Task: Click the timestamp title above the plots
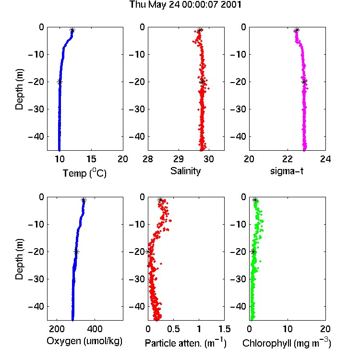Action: [x=185, y=5]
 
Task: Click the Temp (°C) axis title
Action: [x=84, y=173]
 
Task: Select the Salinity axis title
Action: [x=185, y=171]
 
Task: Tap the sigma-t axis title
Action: [x=287, y=171]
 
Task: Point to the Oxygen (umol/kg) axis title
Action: [x=84, y=341]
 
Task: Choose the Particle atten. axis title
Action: [x=186, y=343]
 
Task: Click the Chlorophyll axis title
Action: [x=287, y=343]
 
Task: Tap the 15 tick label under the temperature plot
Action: [x=91, y=159]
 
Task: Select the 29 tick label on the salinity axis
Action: [x=179, y=159]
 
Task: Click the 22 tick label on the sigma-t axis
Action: [x=287, y=159]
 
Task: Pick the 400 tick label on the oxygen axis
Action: [x=95, y=329]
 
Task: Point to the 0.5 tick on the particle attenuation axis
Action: [x=173, y=329]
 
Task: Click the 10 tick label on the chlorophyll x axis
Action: [x=288, y=329]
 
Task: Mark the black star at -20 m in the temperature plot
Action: [x=60, y=82]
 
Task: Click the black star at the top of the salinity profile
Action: [x=200, y=30]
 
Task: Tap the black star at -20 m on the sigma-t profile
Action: [x=304, y=82]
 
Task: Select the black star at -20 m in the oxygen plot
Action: [x=76, y=252]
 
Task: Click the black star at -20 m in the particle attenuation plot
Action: [x=148, y=252]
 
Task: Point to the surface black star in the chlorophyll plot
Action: [x=255, y=200]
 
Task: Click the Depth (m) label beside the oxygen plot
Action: [x=19, y=259]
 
